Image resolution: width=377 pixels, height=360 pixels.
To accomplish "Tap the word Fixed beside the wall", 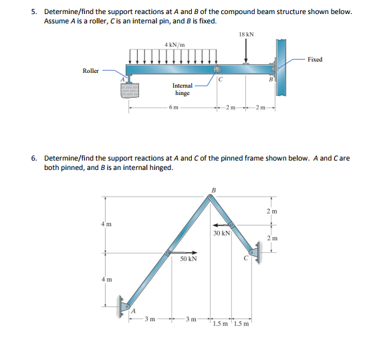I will click(315, 60).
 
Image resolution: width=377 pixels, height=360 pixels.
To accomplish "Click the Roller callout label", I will click(91, 70).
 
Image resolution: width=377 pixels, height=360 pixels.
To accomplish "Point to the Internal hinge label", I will click(182, 89).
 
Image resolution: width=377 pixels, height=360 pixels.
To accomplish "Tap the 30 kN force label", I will click(222, 234).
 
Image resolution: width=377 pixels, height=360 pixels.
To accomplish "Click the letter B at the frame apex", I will click(213, 190).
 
